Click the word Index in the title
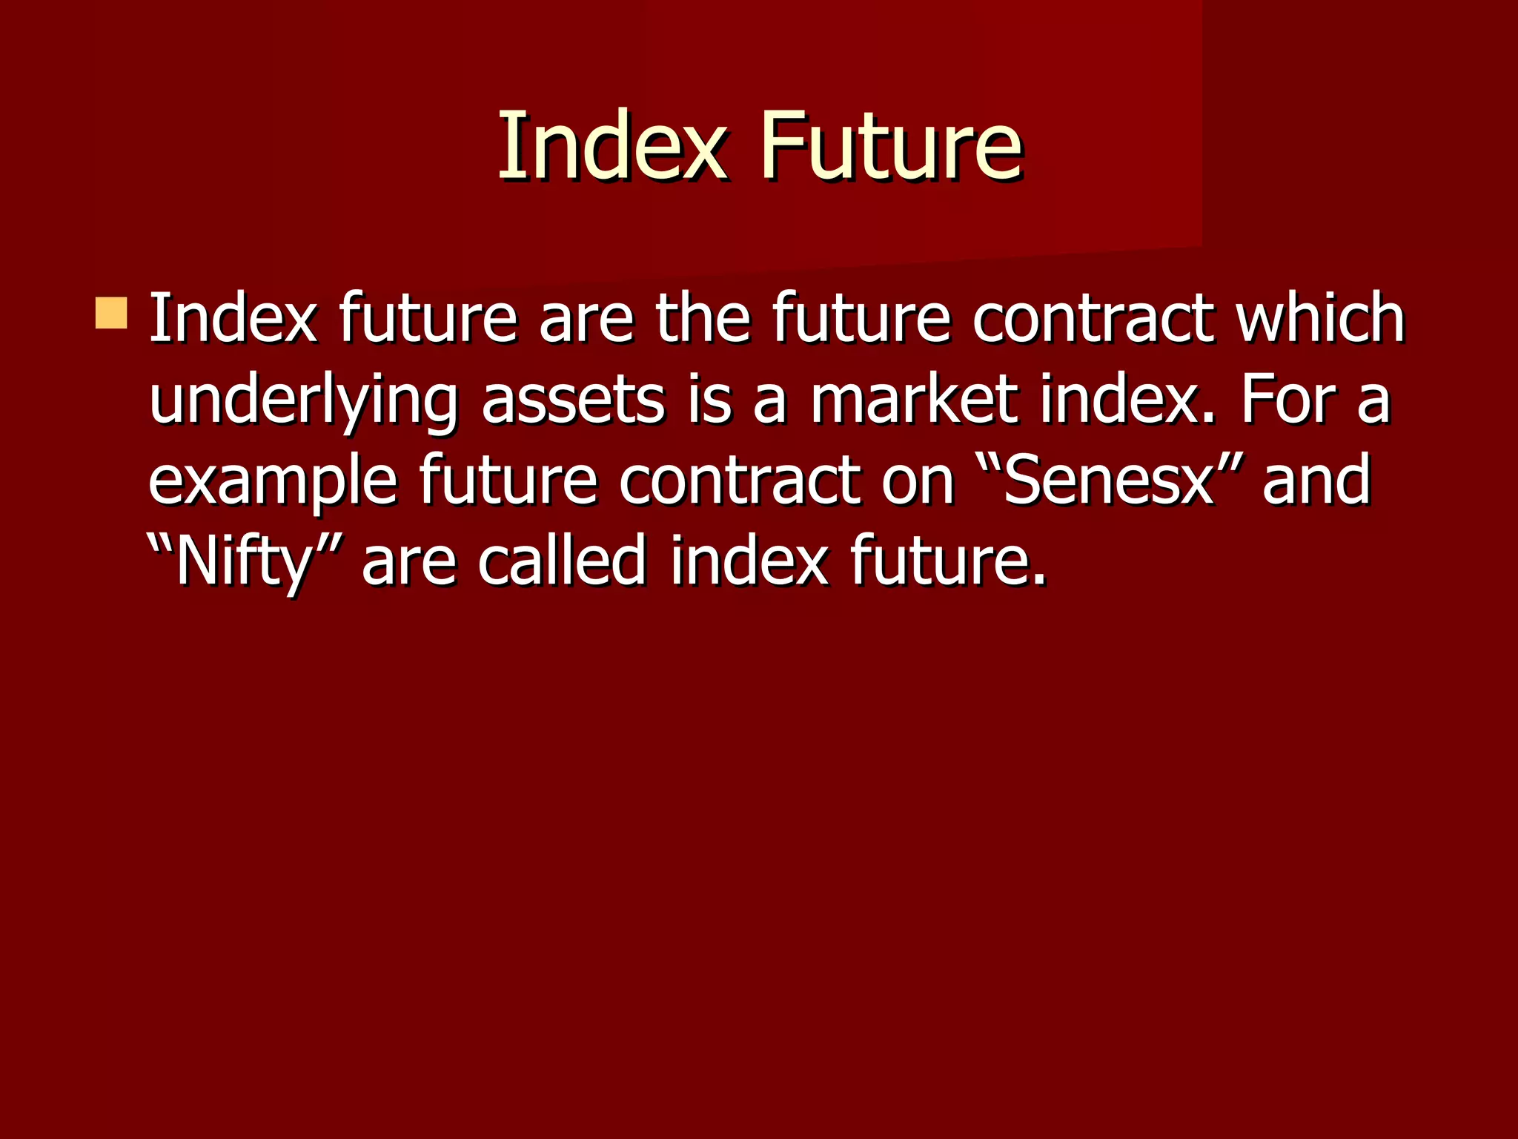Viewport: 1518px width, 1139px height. point(611,145)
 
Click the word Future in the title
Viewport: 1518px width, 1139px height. point(890,145)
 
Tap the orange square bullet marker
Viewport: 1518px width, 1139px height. point(111,313)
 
